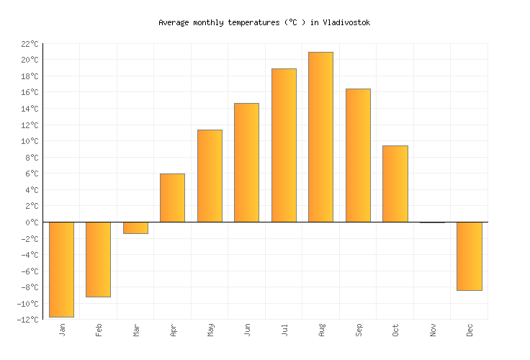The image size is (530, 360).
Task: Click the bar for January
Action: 61,269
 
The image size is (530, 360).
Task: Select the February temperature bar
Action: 98,259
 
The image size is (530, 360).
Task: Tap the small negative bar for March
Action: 135,228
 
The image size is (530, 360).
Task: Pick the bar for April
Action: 172,198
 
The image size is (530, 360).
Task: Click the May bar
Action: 210,176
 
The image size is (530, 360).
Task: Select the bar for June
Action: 246,163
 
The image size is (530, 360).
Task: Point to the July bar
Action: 284,145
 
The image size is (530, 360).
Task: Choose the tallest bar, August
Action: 320,137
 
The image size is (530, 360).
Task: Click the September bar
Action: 358,156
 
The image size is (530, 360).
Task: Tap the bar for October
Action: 395,184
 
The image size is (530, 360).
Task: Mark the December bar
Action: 469,256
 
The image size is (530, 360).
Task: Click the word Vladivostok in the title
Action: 346,22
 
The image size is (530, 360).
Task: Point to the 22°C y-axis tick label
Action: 30,44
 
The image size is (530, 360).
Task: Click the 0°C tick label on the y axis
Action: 32,222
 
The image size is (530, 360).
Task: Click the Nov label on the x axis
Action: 434,329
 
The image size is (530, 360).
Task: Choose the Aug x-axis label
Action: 322,330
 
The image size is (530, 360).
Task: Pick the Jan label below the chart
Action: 62,329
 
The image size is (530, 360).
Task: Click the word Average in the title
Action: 174,22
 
